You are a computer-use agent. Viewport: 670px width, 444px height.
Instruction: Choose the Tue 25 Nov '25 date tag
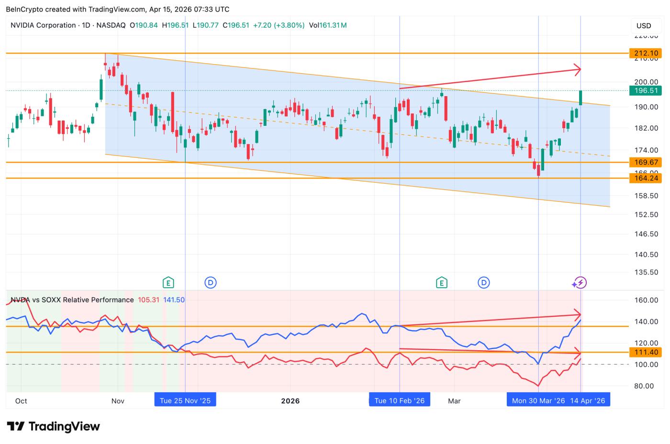click(x=185, y=400)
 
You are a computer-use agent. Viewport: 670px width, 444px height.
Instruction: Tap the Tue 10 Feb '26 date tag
click(x=400, y=400)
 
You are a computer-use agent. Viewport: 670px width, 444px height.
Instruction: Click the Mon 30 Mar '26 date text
click(x=538, y=400)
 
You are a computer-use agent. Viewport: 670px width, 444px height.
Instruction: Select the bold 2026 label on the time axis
click(x=290, y=400)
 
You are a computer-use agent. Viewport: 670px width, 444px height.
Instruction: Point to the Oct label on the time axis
click(x=21, y=400)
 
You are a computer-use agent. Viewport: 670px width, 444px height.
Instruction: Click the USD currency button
click(x=643, y=25)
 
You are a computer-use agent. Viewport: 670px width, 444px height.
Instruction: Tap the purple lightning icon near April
click(x=580, y=283)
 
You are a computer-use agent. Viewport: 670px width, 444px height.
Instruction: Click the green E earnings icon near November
click(x=168, y=283)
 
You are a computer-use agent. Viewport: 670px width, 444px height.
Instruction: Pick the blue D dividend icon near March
click(x=484, y=283)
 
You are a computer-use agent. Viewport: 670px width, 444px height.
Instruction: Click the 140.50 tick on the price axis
click(x=646, y=255)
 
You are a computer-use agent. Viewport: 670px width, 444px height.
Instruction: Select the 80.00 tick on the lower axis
click(x=646, y=386)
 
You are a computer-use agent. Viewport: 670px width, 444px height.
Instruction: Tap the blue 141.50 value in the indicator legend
click(x=174, y=300)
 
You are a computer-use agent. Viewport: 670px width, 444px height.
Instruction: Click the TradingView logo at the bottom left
click(x=54, y=426)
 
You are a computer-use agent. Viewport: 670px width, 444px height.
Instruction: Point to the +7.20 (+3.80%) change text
click(x=279, y=25)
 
